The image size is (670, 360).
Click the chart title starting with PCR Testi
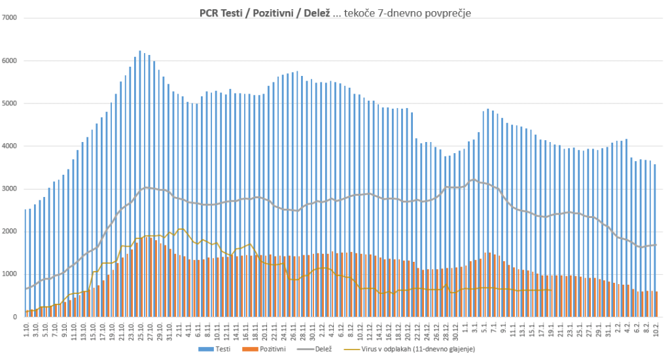(334, 12)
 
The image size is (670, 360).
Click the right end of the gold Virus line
(554, 290)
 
